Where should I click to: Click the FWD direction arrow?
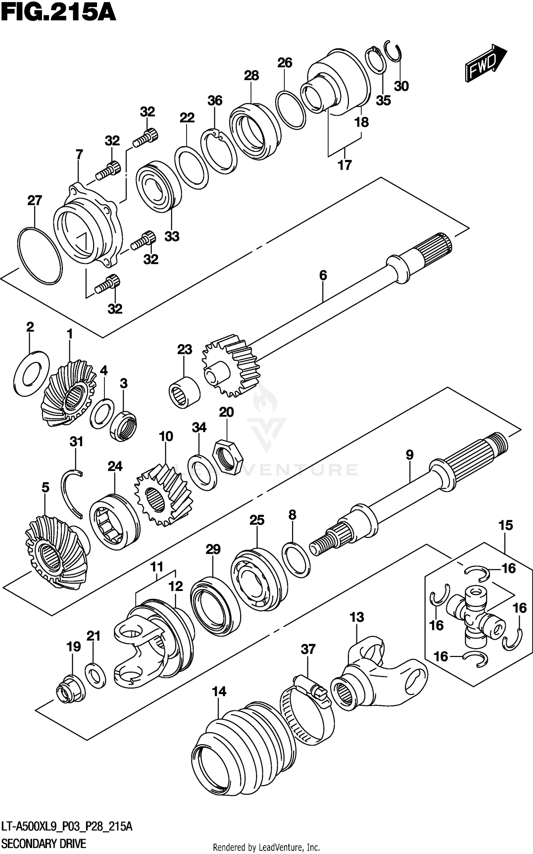pyautogui.click(x=485, y=63)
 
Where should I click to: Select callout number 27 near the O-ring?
pyautogui.click(x=34, y=201)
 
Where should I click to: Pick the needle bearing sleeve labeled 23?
pyautogui.click(x=184, y=392)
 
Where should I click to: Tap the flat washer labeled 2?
pyautogui.click(x=32, y=373)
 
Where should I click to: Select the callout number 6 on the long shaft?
pyautogui.click(x=323, y=275)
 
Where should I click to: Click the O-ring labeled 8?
pyautogui.click(x=296, y=560)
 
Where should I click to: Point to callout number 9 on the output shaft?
pyautogui.click(x=409, y=455)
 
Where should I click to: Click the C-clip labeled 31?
pyautogui.click(x=74, y=492)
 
